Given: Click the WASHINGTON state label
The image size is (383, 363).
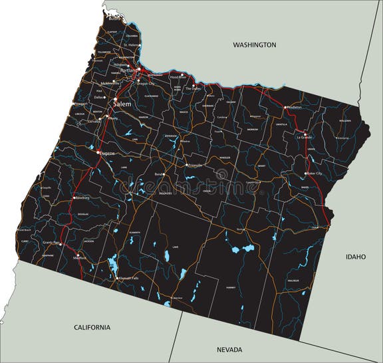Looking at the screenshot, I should tap(254, 45).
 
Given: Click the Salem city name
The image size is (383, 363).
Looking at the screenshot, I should tap(122, 105).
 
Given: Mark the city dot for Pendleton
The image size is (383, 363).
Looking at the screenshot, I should tap(285, 107).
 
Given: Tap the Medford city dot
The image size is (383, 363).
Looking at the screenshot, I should tap(78, 255).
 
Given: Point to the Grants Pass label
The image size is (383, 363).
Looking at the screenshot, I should tap(51, 243).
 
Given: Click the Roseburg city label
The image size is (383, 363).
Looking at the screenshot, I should tap(81, 197).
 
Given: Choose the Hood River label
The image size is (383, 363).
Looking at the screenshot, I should tap(178, 77).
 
